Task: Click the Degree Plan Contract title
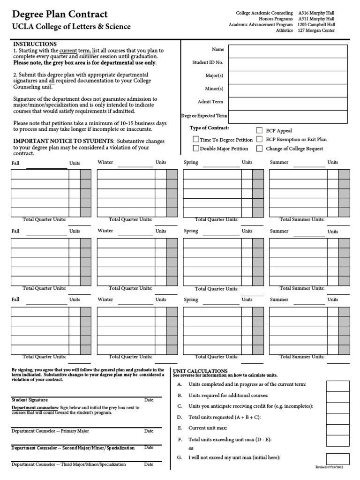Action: tap(60, 15)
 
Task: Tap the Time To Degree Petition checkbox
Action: tap(196, 139)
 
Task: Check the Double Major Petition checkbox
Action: tap(196, 149)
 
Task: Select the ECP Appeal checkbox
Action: tap(259, 131)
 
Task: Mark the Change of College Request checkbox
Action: tap(259, 149)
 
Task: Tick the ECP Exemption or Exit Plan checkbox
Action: tap(259, 139)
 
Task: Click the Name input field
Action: tap(288, 51)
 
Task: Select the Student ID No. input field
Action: tap(288, 64)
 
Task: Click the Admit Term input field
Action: tap(288, 104)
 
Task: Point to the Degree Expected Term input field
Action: tap(288, 117)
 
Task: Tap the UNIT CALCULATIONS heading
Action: tap(200, 371)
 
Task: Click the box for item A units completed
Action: tap(337, 386)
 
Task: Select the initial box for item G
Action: tap(337, 459)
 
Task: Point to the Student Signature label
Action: tap(30, 400)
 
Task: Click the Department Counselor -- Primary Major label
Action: tap(50, 431)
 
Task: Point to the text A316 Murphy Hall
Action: tap(316, 13)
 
